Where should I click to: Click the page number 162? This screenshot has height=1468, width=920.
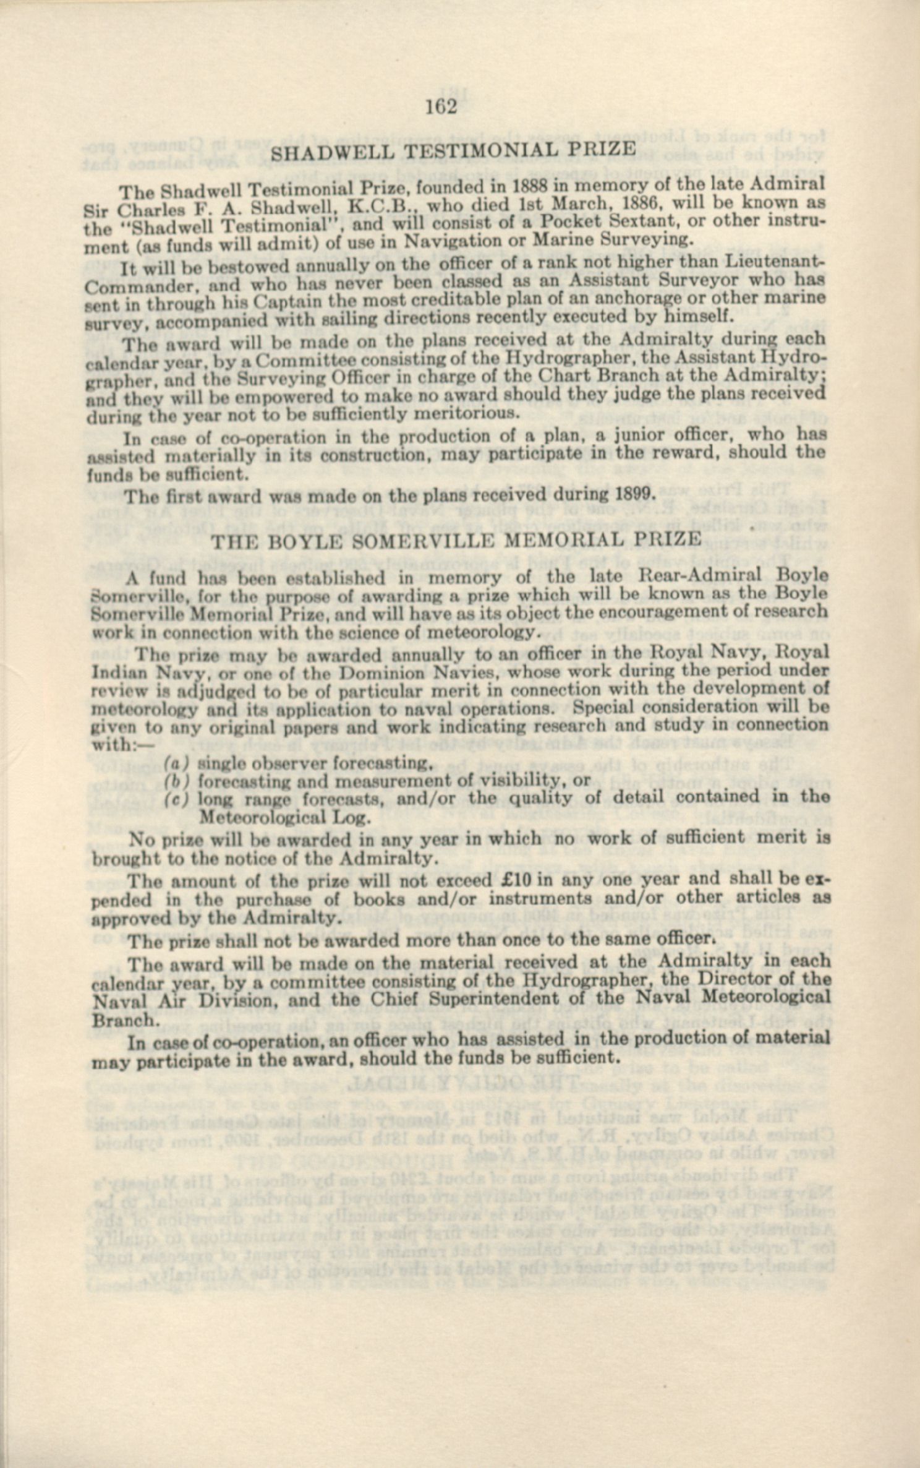coord(441,108)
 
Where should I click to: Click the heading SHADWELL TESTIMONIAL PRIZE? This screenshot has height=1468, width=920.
coord(445,150)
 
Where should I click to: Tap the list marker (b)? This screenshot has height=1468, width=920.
coord(176,781)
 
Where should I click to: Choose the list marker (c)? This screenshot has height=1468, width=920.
coord(176,799)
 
